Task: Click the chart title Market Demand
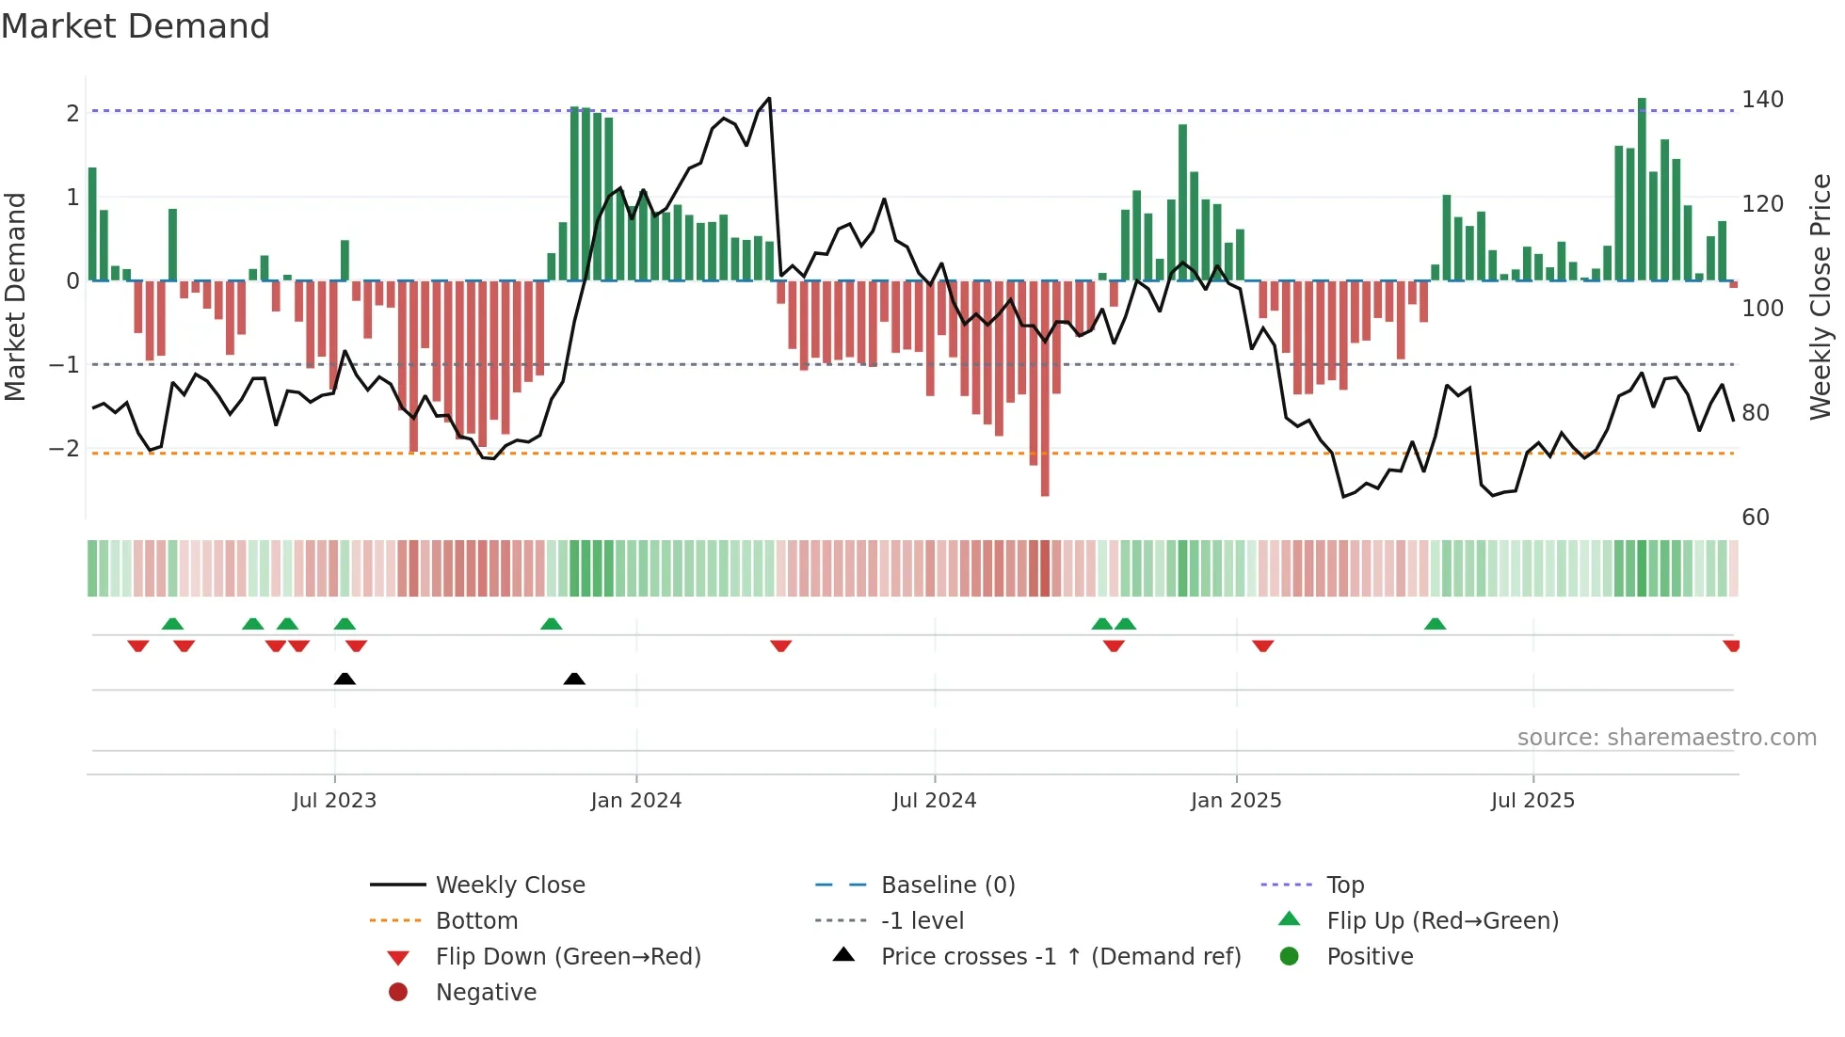[136, 26]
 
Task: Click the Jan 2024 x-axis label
[635, 801]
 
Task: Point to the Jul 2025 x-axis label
[1532, 801]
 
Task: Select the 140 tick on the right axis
[1762, 100]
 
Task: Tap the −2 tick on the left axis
[64, 449]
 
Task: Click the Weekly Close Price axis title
[1821, 296]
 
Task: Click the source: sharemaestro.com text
[1666, 738]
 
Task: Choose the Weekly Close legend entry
[509, 885]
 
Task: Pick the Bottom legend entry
[476, 921]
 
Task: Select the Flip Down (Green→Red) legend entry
[568, 957]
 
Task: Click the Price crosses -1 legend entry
[1060, 957]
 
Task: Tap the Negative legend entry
[486, 993]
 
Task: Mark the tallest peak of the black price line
[769, 99]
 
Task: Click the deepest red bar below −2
[1045, 490]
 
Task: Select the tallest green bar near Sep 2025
[1642, 104]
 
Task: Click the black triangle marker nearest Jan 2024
[574, 678]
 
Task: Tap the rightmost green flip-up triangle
[1435, 624]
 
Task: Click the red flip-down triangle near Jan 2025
[1262, 646]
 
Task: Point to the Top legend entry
[1344, 885]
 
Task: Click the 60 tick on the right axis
[1755, 518]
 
